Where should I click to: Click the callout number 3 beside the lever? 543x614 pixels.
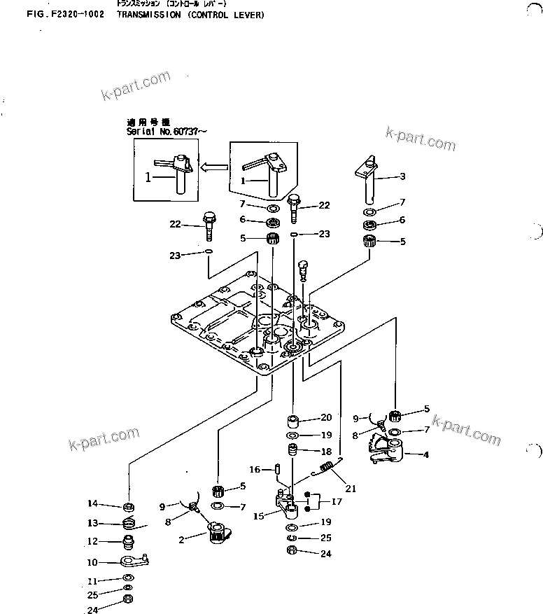coord(402,176)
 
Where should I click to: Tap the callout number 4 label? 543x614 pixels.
coord(426,454)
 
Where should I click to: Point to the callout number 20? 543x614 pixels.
coord(325,418)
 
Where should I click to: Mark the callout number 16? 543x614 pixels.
coord(255,470)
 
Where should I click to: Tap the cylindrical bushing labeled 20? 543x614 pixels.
coord(293,421)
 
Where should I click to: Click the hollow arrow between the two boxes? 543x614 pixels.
coord(215,167)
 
